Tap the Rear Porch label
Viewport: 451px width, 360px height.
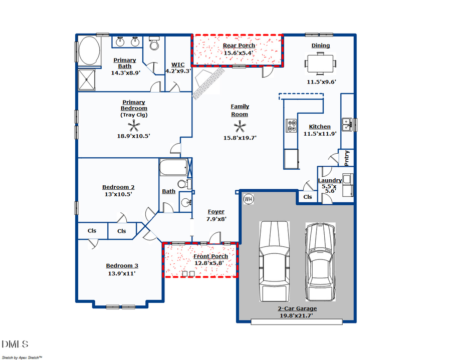pos(239,46)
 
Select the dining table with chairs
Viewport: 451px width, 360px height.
pos(321,64)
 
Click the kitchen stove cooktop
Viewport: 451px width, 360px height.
pos(291,125)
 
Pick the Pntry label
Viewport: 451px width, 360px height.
pos(347,158)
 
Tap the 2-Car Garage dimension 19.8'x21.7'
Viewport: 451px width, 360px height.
pos(298,315)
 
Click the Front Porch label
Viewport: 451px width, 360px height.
pos(211,256)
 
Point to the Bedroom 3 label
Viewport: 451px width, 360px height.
pos(122,266)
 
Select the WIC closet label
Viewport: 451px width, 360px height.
pos(178,65)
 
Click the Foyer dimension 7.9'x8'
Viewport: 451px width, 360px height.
pos(216,219)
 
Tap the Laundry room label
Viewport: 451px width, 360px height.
pos(330,180)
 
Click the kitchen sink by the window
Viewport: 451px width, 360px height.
pos(347,123)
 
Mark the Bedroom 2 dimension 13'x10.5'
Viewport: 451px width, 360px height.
pos(118,194)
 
